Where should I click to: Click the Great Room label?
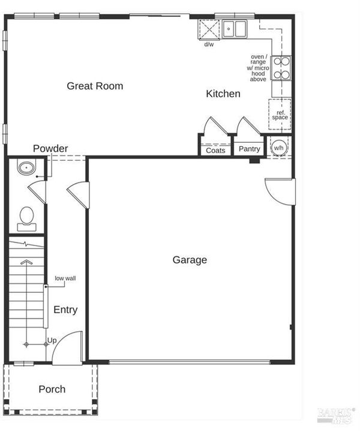95,86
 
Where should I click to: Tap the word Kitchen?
223,94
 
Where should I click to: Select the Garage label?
190,260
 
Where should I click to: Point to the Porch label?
52,389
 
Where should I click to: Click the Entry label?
65,310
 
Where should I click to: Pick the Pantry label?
249,149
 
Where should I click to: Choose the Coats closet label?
215,150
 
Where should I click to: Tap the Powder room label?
50,148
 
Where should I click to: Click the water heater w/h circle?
278,148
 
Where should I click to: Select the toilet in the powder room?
26,219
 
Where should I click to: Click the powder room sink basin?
26,167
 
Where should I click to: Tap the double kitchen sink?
235,29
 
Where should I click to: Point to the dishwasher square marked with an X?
209,29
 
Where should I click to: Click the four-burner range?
281,68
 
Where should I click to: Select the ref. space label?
280,115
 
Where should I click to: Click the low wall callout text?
65,278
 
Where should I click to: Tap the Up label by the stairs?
52,340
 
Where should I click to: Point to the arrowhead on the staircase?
26,262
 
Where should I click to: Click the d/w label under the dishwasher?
209,44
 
